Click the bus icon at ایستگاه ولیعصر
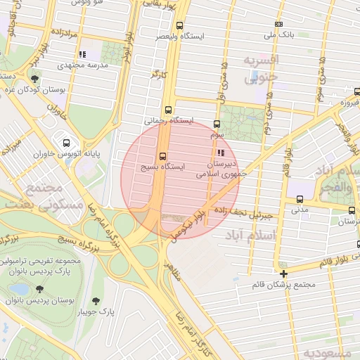coord(179,25)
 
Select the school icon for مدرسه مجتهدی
coord(82,53)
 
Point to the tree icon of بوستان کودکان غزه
coord(35,78)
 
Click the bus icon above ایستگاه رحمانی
coord(167,110)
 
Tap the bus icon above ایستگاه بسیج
coord(163,156)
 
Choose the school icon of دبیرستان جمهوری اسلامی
coord(221,152)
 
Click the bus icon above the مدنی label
coord(300,200)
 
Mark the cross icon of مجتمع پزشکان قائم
coord(283,274)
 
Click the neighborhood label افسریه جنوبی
coord(261,68)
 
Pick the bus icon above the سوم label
coord(216,123)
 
